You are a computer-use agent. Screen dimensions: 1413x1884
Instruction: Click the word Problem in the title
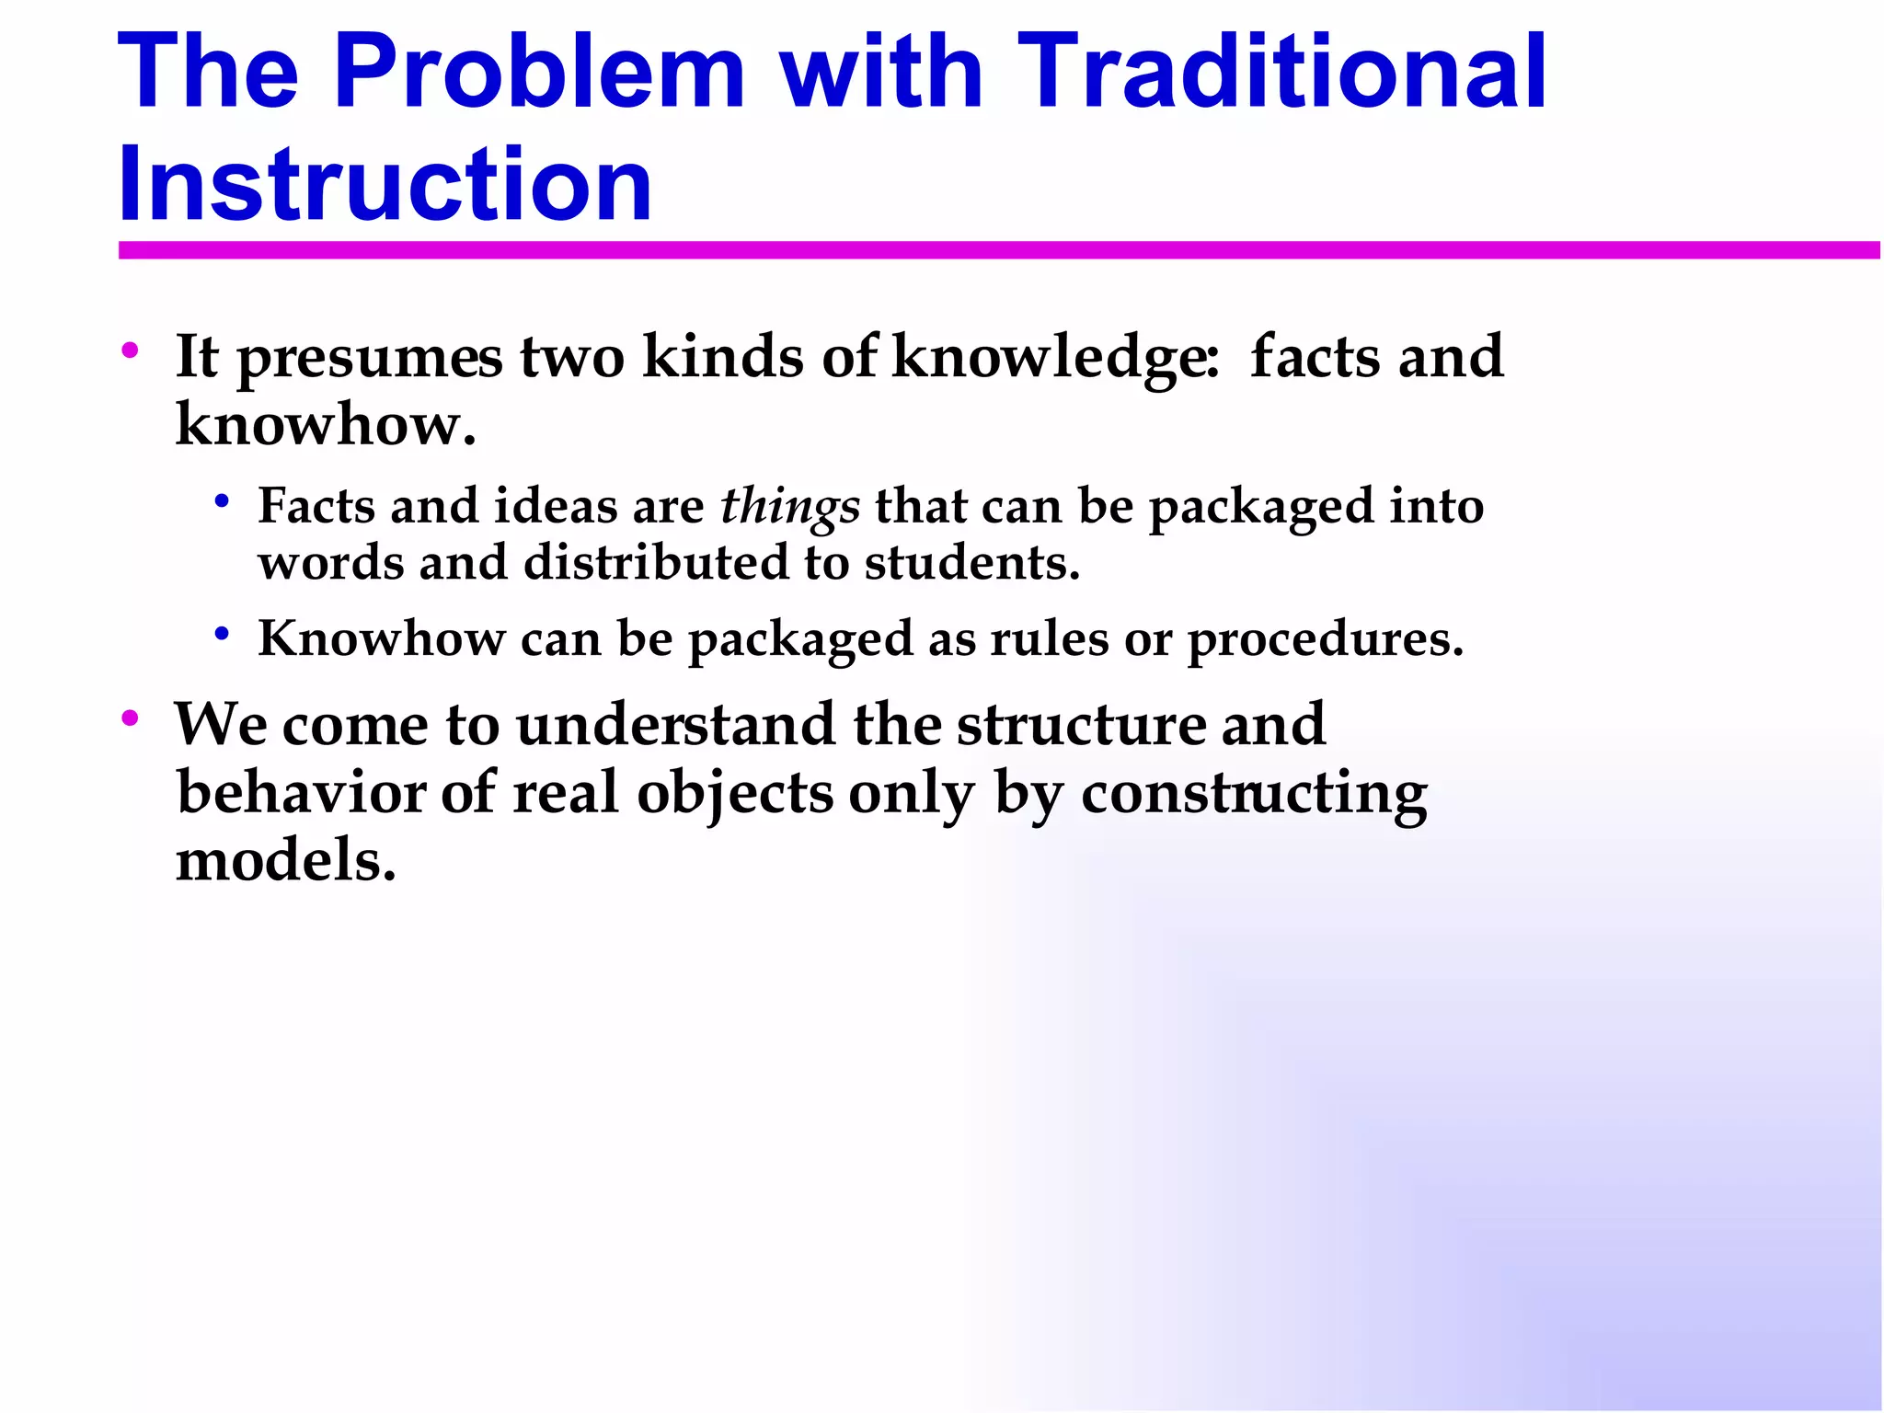point(539,72)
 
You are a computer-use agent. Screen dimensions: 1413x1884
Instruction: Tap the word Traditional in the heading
point(1282,72)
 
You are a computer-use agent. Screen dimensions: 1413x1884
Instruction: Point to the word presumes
point(370,358)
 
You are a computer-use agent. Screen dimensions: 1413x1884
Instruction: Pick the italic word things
point(789,507)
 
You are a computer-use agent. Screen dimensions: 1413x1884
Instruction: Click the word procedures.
point(1326,639)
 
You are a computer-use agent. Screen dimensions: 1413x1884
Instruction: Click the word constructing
point(1254,794)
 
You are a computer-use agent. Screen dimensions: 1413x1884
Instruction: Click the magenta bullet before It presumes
point(130,350)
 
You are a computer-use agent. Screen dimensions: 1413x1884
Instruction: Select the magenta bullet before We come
point(130,718)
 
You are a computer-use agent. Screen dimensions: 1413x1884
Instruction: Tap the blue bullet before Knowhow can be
point(221,633)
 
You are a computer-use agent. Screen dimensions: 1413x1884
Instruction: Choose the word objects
point(734,794)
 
